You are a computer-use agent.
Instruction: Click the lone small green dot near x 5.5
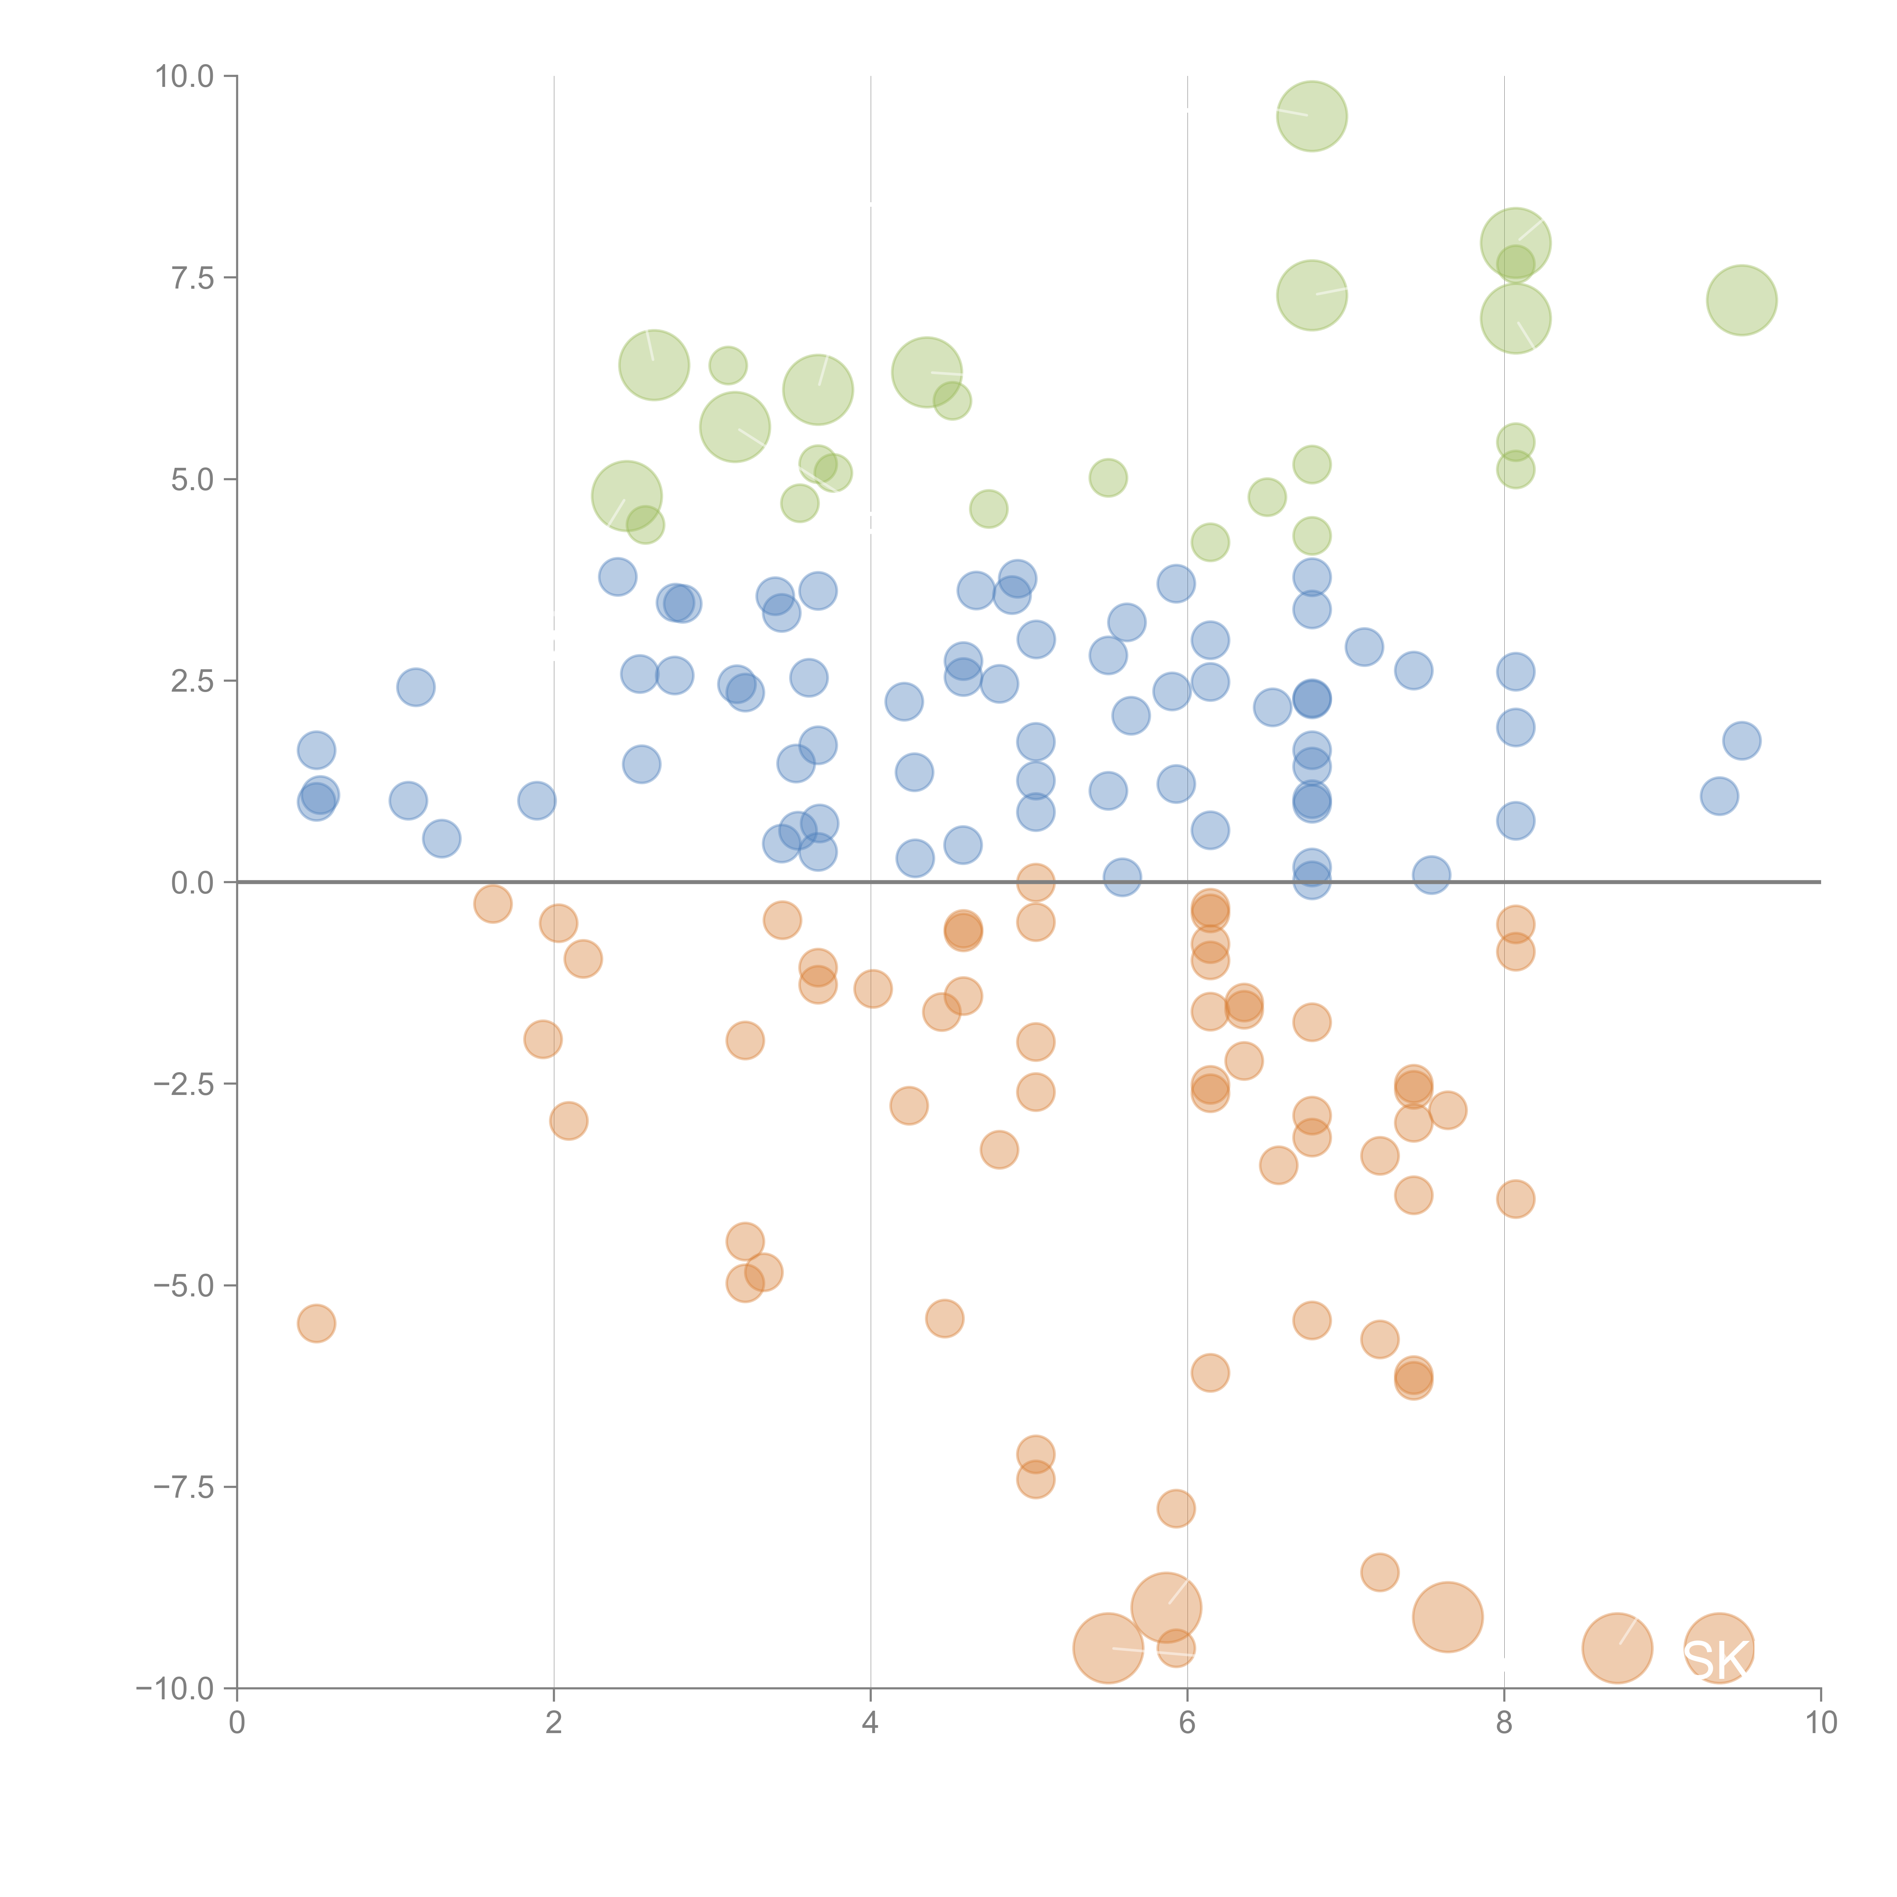[x=1107, y=478]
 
